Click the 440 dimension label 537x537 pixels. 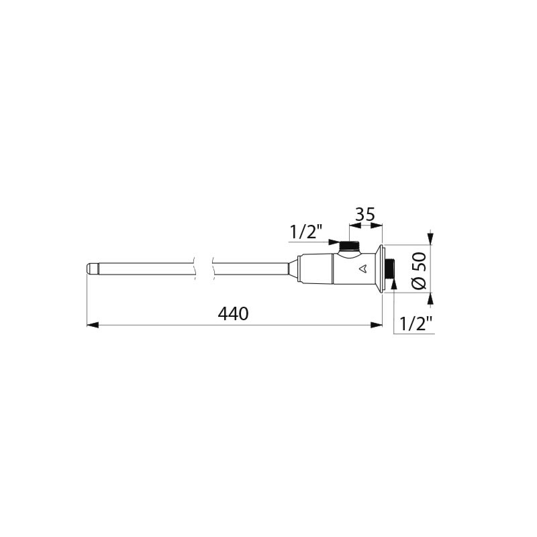pyautogui.click(x=234, y=313)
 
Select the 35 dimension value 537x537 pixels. pyautogui.click(x=364, y=215)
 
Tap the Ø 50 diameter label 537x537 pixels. pyautogui.click(x=418, y=269)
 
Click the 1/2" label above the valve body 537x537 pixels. pyautogui.click(x=306, y=232)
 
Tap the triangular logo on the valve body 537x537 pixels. pyautogui.click(x=363, y=270)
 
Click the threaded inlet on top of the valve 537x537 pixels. pyautogui.click(x=349, y=246)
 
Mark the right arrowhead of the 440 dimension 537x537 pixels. pyautogui.click(x=377, y=326)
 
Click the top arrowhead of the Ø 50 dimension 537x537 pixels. pyautogui.click(x=430, y=240)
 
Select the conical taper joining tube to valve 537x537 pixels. pyautogui.click(x=292, y=269)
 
